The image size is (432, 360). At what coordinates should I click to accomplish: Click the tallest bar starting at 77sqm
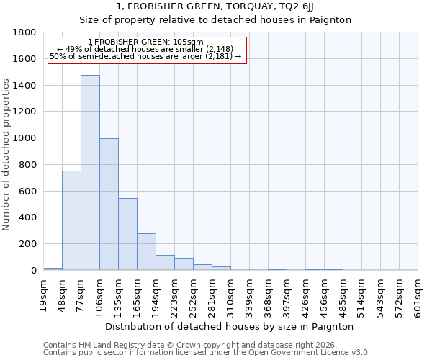click(x=90, y=173)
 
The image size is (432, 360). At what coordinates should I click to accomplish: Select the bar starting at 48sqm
click(x=71, y=220)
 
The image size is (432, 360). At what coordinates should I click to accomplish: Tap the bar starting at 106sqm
click(x=109, y=204)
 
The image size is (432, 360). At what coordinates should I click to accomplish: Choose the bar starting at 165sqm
click(x=146, y=252)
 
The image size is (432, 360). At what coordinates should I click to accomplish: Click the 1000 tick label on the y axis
click(x=25, y=138)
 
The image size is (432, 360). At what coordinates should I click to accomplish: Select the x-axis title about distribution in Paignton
click(x=230, y=326)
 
